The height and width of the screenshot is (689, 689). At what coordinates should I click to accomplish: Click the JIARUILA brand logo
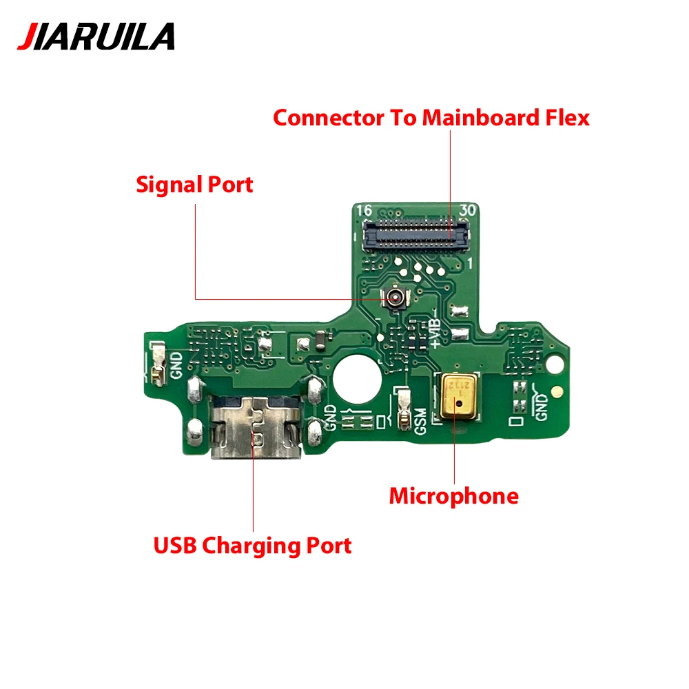[x=96, y=36]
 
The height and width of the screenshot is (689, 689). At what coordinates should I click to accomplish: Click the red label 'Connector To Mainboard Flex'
[x=431, y=117]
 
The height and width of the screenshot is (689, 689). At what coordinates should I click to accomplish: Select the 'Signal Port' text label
[x=194, y=185]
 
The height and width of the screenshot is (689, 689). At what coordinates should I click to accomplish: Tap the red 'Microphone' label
[x=453, y=495]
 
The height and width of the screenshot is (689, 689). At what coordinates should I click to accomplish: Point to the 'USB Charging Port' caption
[x=252, y=546]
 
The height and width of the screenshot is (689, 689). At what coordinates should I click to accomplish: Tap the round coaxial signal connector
[x=396, y=298]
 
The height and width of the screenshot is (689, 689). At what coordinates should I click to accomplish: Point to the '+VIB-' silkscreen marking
[x=435, y=329]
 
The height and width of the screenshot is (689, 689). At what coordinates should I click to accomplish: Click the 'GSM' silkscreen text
[x=420, y=420]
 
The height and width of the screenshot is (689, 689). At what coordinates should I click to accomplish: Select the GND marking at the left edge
[x=176, y=364]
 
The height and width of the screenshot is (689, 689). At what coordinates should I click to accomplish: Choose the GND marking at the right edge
[x=542, y=406]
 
